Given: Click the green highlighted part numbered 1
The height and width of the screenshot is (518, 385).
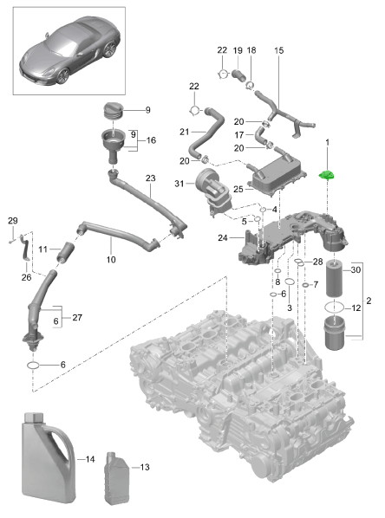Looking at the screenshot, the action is [327, 176].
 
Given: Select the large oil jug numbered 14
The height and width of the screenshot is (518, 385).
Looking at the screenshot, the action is [49, 458].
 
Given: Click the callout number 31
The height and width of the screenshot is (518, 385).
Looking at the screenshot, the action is [179, 183].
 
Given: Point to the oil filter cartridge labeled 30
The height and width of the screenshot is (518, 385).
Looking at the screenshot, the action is [335, 279].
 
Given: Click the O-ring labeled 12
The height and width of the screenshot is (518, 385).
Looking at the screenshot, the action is [335, 308].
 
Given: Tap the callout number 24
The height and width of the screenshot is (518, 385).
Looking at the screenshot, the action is [223, 237].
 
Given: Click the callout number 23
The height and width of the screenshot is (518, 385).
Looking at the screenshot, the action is [151, 178].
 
